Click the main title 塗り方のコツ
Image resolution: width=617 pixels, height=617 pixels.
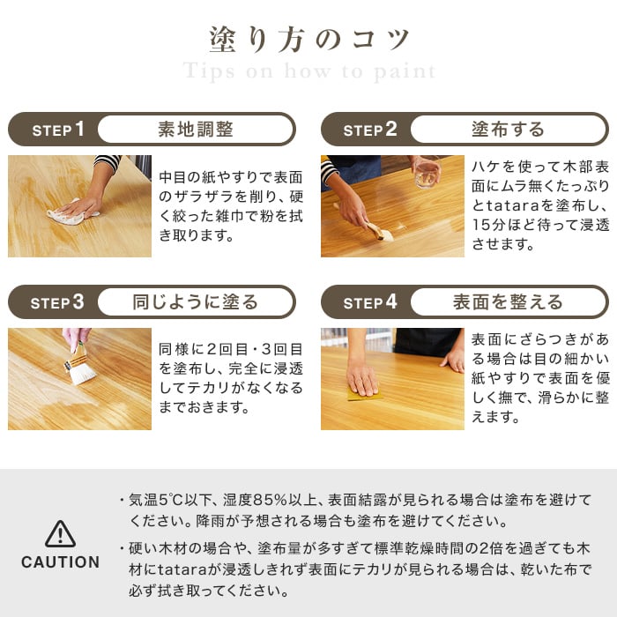(x=308, y=40)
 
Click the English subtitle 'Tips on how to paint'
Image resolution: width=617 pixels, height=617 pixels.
(x=308, y=71)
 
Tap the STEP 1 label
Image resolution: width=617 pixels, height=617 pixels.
(x=58, y=130)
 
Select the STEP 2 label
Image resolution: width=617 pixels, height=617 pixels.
(x=370, y=130)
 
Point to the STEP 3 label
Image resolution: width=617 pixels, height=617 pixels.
(x=58, y=302)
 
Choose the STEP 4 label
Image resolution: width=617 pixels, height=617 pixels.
(x=370, y=302)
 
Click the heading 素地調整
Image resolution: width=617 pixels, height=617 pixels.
(x=195, y=130)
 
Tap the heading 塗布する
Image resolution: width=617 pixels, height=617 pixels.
(x=508, y=130)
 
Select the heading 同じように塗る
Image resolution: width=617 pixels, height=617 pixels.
(x=195, y=302)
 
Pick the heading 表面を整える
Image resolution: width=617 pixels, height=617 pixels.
(x=508, y=302)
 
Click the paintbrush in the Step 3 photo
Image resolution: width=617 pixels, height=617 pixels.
(x=80, y=365)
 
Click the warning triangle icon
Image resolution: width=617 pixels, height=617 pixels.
(x=60, y=533)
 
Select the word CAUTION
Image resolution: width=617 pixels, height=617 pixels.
(x=60, y=562)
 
